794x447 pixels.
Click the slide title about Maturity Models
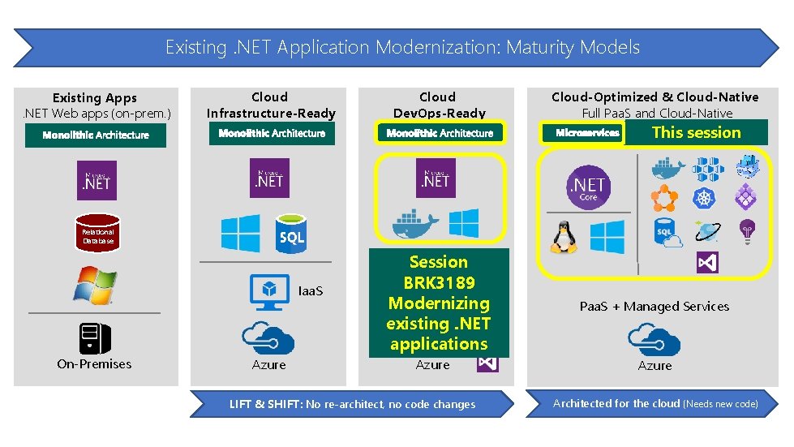pyautogui.click(x=402, y=47)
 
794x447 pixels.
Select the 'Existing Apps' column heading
pyautogui.click(x=95, y=97)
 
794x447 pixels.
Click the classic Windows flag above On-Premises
pyautogui.click(x=95, y=284)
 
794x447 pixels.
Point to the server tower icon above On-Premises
pyautogui.click(x=95, y=337)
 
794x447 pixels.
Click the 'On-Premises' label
pyautogui.click(x=94, y=364)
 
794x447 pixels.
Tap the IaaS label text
pyautogui.click(x=311, y=290)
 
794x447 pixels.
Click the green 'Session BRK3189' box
pyautogui.click(x=439, y=303)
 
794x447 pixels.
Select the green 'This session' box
pyautogui.click(x=697, y=132)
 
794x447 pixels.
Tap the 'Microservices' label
pyautogui.click(x=588, y=133)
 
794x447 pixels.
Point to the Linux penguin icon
pyautogui.click(x=563, y=236)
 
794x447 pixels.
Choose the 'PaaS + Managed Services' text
pyautogui.click(x=655, y=307)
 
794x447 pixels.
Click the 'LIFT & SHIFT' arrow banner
pyautogui.click(x=352, y=404)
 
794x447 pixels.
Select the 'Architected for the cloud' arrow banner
pyautogui.click(x=655, y=403)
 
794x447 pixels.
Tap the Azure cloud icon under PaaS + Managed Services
pyautogui.click(x=655, y=339)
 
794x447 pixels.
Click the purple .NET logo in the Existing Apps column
pyautogui.click(x=97, y=180)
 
